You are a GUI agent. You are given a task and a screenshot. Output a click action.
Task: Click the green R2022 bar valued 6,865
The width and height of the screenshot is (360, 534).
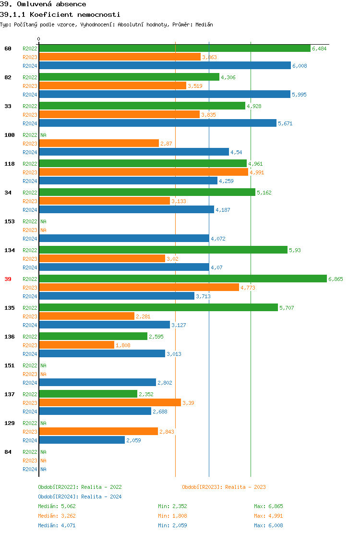click(x=182, y=279)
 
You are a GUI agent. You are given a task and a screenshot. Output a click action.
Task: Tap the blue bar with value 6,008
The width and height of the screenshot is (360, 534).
click(x=165, y=66)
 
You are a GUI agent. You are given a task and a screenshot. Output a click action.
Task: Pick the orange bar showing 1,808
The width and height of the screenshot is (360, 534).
click(x=76, y=345)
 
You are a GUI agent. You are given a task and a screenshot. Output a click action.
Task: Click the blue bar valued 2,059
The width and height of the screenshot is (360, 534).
click(x=82, y=440)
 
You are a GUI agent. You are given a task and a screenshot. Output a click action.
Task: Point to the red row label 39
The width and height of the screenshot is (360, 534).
click(x=8, y=279)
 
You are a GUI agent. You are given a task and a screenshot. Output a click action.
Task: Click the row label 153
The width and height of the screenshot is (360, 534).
click(x=9, y=221)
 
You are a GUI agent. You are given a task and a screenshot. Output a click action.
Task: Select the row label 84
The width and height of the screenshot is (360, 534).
click(x=8, y=452)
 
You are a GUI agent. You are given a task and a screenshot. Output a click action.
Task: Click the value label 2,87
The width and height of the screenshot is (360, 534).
click(x=166, y=144)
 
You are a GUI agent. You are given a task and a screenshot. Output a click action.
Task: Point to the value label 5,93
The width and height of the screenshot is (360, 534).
click(x=295, y=250)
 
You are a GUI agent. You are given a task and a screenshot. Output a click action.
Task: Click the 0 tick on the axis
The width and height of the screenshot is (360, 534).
click(x=39, y=39)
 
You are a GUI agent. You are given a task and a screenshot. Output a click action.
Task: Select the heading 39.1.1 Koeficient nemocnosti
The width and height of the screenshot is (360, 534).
click(x=60, y=15)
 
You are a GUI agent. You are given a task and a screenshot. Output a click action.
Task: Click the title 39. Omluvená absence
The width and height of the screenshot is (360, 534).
click(x=43, y=4)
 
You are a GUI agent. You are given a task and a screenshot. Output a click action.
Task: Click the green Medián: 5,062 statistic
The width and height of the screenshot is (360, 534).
click(x=57, y=506)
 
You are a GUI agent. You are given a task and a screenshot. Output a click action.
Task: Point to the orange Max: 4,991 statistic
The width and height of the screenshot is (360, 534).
click(x=268, y=516)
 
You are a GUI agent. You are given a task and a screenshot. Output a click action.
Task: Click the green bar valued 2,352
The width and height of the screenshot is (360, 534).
click(x=88, y=394)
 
